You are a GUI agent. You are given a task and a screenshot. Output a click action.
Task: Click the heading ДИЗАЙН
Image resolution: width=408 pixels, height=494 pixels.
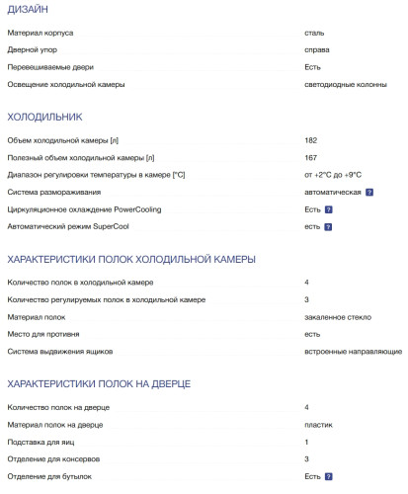pyautogui.click(x=26, y=11)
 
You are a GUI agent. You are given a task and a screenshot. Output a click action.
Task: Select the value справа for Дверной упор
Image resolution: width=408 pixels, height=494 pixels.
pyautogui.click(x=317, y=49)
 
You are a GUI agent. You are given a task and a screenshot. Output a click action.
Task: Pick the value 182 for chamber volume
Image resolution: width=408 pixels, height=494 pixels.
pyautogui.click(x=311, y=140)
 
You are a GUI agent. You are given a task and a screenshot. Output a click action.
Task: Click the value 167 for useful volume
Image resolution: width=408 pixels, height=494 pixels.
pyautogui.click(x=311, y=157)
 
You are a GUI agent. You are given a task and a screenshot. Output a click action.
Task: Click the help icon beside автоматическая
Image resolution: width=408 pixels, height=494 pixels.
pyautogui.click(x=369, y=192)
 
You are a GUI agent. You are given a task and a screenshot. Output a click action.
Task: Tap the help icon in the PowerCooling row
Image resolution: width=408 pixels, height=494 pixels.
pyautogui.click(x=328, y=209)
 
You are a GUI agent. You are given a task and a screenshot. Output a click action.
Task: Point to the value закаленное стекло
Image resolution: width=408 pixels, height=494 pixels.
pyautogui.click(x=339, y=316)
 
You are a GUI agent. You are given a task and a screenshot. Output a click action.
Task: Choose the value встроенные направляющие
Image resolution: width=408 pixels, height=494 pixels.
pyautogui.click(x=353, y=351)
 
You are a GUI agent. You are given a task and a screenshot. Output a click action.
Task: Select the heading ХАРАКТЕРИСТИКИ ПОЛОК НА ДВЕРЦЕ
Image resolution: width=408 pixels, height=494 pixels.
pyautogui.click(x=99, y=383)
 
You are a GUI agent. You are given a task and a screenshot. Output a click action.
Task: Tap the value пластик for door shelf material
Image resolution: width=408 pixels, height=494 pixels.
pyautogui.click(x=318, y=425)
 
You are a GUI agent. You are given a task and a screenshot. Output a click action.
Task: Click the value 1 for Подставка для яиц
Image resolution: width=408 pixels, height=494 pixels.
pyautogui.click(x=306, y=442)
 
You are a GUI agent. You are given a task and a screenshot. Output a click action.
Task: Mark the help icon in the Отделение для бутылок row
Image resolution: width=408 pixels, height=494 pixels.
pyautogui.click(x=328, y=476)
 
